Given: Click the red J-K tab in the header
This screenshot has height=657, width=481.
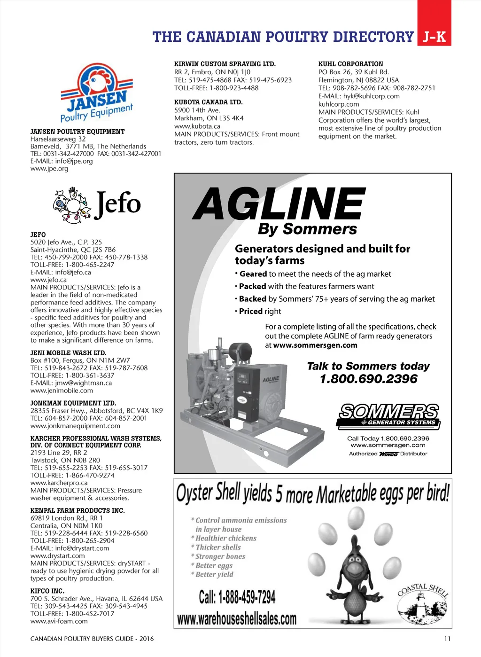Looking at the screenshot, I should click(x=434, y=37).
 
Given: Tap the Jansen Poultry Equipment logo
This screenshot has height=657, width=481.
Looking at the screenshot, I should click(x=97, y=93).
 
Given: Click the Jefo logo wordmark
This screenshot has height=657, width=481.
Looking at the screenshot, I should click(x=117, y=204).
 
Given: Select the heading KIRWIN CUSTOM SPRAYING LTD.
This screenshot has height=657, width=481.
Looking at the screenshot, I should click(x=225, y=64).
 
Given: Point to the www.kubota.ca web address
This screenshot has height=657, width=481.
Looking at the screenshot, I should click(x=197, y=126).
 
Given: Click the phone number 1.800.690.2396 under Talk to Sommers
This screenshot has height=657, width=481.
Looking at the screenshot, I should click(x=368, y=379).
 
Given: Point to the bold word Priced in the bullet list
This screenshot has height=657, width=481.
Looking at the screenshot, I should click(x=251, y=311).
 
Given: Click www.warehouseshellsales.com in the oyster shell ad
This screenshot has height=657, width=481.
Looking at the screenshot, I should click(x=237, y=618).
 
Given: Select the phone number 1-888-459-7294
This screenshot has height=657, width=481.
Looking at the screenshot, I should click(x=237, y=597).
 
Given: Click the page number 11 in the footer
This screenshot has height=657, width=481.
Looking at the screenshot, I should click(x=447, y=639).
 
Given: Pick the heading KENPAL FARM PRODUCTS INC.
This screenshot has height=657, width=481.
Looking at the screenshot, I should click(x=78, y=510).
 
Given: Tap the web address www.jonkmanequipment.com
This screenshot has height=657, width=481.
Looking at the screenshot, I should click(x=75, y=426).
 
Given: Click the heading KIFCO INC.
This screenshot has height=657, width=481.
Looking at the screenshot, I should click(x=47, y=591).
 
